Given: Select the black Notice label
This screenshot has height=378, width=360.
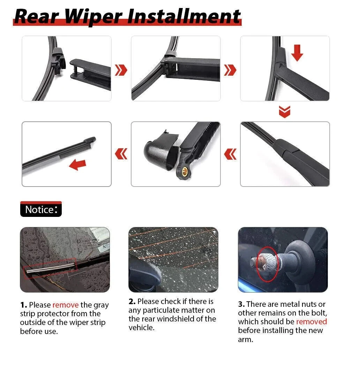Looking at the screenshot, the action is pos(41,209).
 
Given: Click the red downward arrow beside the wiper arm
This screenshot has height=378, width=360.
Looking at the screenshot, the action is pos(297,53).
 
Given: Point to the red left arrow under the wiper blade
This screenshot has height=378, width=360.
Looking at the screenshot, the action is pos(78,165).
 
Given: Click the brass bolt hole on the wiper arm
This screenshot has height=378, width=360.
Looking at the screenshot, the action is pos(185,171).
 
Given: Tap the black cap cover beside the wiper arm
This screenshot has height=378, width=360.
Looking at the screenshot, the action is pos(161,150).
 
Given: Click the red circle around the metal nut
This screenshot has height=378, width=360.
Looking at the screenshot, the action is pos(268,264).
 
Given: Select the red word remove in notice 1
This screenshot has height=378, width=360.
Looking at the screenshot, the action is pos(66,305).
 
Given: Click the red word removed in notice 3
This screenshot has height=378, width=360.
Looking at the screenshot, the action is pos(311,322).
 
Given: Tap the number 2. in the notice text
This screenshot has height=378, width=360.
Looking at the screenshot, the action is pos(132,301).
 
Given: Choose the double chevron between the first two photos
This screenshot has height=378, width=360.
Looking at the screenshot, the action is pos(121,70).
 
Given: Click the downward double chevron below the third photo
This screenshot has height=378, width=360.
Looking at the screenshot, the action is pos(285,112).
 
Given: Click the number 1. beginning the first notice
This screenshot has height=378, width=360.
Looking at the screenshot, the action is pos(24,305).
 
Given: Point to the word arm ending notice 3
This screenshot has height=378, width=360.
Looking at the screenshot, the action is pos(246,340).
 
